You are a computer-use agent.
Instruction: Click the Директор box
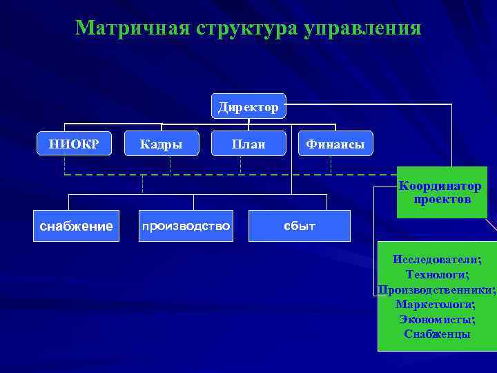click(248, 107)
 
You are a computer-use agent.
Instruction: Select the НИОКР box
click(74, 144)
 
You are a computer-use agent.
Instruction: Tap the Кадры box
click(161, 144)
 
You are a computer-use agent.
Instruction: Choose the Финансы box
click(335, 144)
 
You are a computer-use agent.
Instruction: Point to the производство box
click(186, 226)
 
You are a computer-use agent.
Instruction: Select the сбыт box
click(300, 226)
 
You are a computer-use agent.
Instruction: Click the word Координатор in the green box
click(440, 187)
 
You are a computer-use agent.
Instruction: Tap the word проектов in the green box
click(442, 200)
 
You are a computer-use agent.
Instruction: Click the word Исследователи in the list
click(437, 259)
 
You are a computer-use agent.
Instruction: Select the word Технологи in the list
click(437, 274)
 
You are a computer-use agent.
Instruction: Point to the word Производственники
click(437, 289)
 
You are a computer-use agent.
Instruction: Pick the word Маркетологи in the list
click(437, 304)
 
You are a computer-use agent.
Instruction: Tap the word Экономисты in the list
click(437, 319)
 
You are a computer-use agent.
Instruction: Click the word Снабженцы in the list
click(437, 334)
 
